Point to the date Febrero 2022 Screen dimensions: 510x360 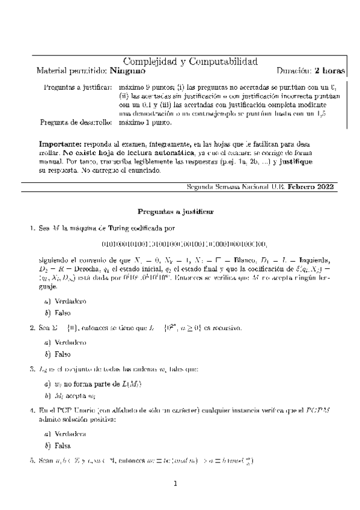pyautogui.click(x=313, y=187)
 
